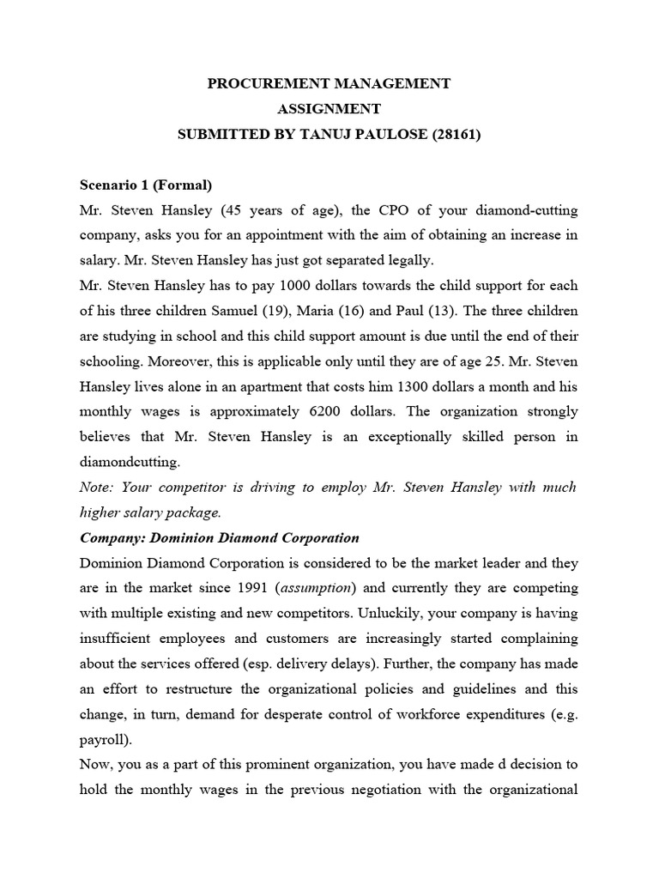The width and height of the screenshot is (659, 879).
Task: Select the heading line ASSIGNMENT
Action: [329, 109]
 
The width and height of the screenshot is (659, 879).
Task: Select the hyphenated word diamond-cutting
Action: [526, 211]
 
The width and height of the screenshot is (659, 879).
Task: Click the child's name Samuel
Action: [266, 310]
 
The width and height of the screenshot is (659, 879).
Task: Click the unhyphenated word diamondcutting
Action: [130, 461]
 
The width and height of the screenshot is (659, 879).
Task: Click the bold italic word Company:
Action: [114, 537]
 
